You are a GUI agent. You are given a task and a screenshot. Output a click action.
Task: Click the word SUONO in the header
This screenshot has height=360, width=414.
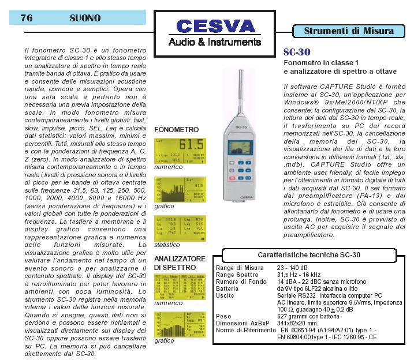pyautogui.click(x=85, y=18)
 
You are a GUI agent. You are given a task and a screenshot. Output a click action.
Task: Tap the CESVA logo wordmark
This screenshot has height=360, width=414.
pyautogui.click(x=215, y=27)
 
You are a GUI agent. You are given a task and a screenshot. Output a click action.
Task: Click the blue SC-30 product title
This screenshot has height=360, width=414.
pyautogui.click(x=297, y=52)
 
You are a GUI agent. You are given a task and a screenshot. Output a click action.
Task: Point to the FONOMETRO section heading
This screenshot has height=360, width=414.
pyautogui.click(x=177, y=130)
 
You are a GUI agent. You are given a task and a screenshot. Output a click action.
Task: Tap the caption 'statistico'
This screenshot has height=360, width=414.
pyautogui.click(x=167, y=245)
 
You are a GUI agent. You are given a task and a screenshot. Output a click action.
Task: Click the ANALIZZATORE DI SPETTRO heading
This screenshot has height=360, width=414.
pyautogui.click(x=179, y=262)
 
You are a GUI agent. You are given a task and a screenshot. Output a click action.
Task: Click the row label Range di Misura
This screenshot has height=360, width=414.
pyautogui.click(x=240, y=268)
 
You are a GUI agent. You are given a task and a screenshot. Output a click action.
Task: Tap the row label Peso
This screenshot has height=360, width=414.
pyautogui.click(x=223, y=316)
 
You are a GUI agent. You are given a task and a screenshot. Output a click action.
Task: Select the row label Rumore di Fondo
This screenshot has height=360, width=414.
pyautogui.click(x=241, y=282)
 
